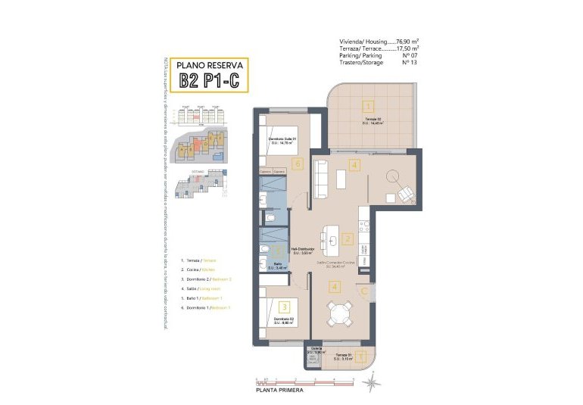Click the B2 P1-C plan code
(x=210, y=79)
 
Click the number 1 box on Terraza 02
(x=366, y=107)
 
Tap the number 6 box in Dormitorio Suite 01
(x=298, y=163)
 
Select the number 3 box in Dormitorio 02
(x=284, y=307)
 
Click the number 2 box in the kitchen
(x=347, y=239)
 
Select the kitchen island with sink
(x=332, y=236)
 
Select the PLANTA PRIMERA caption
(x=280, y=390)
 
